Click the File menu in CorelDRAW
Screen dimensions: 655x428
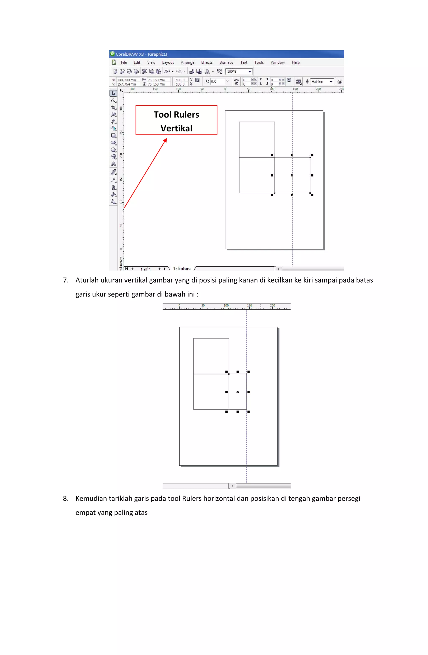point(124,63)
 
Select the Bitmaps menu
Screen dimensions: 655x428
point(226,63)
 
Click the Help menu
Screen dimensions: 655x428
point(296,63)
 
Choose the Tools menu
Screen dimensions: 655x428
point(259,63)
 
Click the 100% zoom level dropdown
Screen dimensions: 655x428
point(239,72)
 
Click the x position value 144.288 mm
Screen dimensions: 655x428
point(127,80)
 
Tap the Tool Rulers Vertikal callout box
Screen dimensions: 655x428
point(176,120)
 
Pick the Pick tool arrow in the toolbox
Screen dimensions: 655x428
point(113,93)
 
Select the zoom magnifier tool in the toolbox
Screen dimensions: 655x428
point(113,114)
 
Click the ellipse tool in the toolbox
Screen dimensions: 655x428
point(113,143)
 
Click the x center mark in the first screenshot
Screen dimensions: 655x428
point(292,175)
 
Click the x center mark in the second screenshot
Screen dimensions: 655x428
point(238,392)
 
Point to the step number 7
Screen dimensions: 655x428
point(66,280)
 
